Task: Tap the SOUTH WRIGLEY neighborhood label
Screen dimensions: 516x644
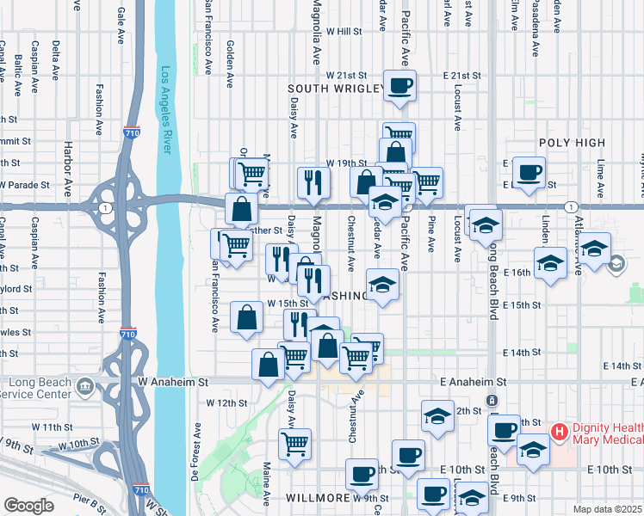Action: [x=335, y=89]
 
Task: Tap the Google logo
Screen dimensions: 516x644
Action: [x=28, y=506]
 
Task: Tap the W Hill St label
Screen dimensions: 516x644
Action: [x=344, y=31]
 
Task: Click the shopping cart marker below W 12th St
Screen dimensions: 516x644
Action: [x=294, y=444]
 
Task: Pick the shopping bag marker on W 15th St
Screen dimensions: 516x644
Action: [x=247, y=316]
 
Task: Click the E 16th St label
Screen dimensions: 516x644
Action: [x=521, y=272]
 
